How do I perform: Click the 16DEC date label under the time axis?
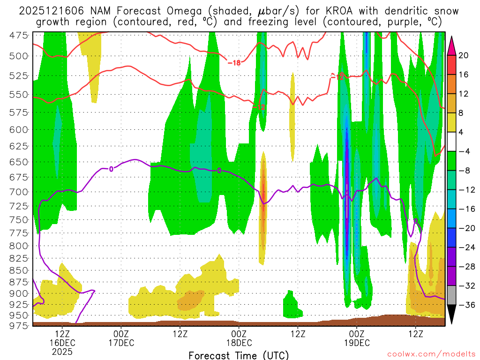(63, 343)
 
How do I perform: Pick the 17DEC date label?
(121, 343)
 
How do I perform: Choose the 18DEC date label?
(239, 343)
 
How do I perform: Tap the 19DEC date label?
(357, 343)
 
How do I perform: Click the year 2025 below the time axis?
(63, 351)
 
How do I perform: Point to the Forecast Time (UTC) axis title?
(239, 355)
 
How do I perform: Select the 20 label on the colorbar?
(463, 55)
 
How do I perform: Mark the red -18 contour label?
(233, 63)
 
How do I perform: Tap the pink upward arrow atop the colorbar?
(452, 45)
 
